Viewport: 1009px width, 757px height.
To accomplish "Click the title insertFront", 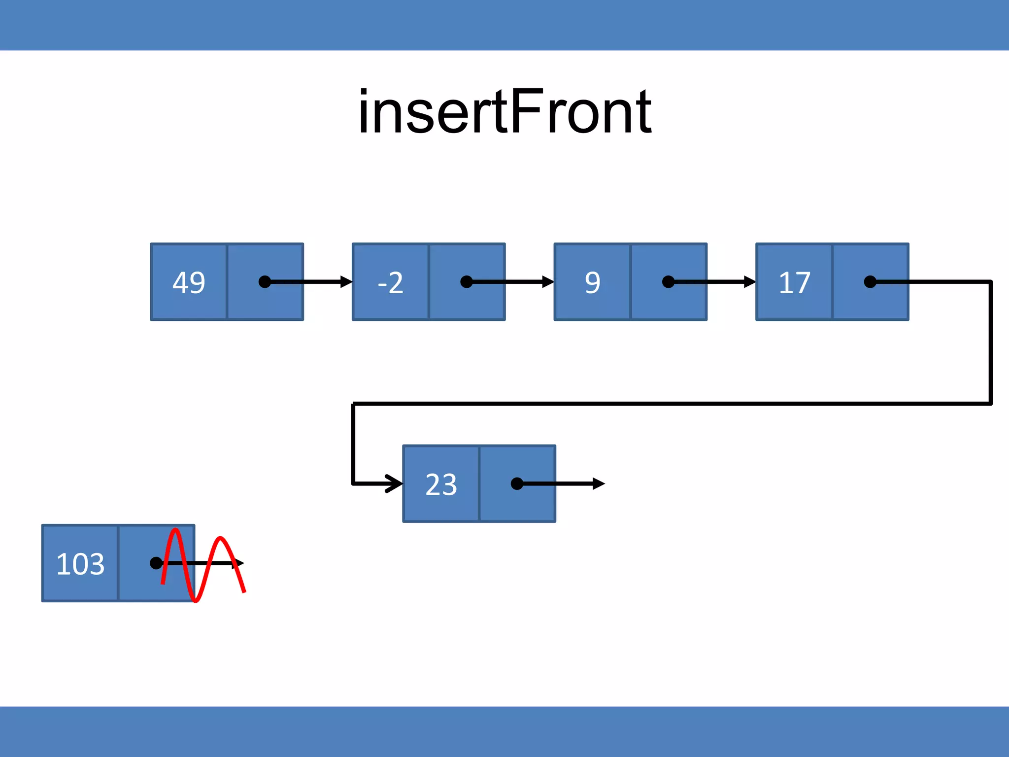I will (504, 112).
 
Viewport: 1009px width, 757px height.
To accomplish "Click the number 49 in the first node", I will (189, 282).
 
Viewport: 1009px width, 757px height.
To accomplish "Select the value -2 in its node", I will (390, 282).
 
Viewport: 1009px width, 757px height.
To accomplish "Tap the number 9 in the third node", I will (592, 282).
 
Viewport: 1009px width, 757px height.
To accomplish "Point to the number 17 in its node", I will (794, 282).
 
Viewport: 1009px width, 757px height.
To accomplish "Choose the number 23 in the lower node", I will (441, 484).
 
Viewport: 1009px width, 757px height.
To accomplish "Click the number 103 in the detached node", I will (80, 564).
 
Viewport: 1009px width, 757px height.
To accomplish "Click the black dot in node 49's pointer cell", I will (265, 282).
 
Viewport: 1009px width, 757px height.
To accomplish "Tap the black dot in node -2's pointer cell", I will (466, 282).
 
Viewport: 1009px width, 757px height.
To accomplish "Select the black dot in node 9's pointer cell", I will (668, 282).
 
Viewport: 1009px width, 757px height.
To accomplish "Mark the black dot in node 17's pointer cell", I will (870, 282).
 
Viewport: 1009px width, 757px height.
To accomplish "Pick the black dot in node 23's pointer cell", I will (517, 484).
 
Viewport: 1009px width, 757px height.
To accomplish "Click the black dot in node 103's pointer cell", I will (156, 563).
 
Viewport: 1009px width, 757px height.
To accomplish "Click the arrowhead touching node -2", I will (346, 282).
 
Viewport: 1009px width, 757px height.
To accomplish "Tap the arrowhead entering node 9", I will (548, 282).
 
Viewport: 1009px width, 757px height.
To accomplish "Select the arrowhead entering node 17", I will (750, 282).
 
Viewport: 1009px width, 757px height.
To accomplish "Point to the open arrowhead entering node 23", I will (395, 483).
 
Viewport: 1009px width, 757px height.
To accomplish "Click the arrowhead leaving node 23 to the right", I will (599, 483).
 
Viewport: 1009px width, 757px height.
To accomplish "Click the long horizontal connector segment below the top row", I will (670, 404).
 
